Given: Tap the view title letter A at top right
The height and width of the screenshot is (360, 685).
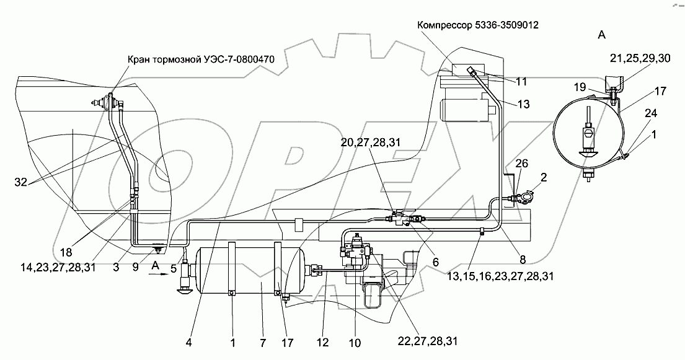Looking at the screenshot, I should coord(601,35).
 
